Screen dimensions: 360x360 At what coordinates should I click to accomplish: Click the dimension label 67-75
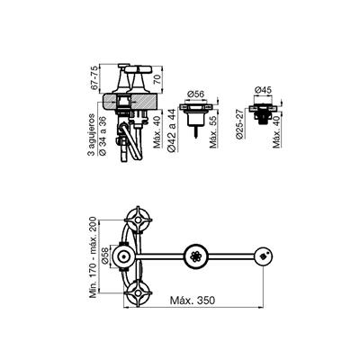click(x=94, y=77)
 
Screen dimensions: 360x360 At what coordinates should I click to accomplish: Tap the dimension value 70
click(x=157, y=79)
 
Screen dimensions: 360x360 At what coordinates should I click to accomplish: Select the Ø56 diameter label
click(x=195, y=94)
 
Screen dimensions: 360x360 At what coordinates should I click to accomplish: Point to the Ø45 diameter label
click(x=263, y=90)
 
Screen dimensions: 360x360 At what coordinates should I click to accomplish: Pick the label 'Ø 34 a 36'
click(x=102, y=135)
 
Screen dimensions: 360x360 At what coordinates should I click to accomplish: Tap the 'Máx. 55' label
click(x=213, y=131)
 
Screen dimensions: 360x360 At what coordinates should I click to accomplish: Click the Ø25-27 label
click(x=239, y=123)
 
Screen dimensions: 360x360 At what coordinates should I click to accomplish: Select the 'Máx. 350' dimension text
click(x=193, y=300)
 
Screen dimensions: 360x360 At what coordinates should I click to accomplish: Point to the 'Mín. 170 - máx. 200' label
click(x=94, y=257)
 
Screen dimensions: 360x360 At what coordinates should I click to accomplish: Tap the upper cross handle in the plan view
click(x=138, y=220)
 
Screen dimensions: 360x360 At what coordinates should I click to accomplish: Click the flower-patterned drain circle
click(x=195, y=256)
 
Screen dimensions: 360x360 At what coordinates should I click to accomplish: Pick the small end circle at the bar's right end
click(x=263, y=256)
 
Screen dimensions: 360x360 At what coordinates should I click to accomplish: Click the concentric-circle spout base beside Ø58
click(x=123, y=257)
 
